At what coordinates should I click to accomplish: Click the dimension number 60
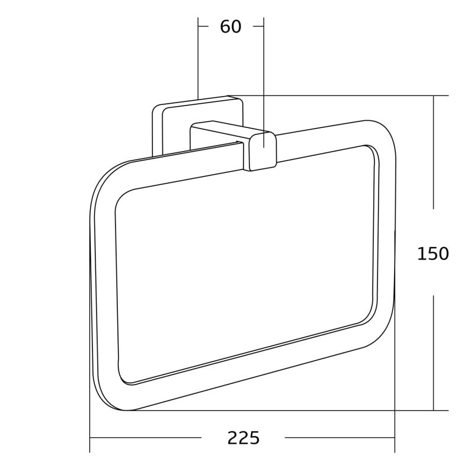click(x=230, y=27)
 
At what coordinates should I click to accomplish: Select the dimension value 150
click(x=433, y=254)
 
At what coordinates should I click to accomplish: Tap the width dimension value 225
click(x=244, y=438)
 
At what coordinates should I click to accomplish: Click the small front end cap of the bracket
click(x=263, y=151)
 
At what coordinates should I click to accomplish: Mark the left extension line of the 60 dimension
click(x=198, y=59)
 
